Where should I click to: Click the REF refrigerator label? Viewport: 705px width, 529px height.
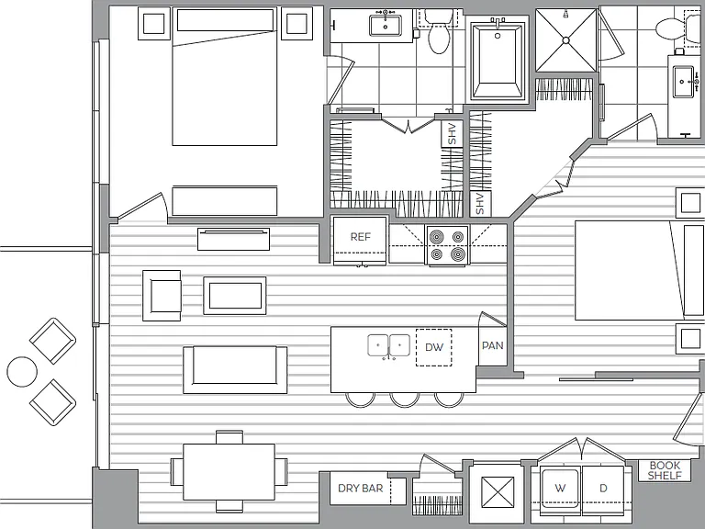[360, 237]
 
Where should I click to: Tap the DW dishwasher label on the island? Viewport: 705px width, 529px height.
[434, 347]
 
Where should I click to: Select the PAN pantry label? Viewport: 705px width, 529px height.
[492, 345]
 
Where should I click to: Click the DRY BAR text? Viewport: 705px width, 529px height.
[360, 488]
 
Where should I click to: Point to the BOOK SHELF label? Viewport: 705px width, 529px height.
[665, 470]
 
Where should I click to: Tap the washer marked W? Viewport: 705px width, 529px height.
[560, 490]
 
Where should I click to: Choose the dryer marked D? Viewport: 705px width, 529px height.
[603, 490]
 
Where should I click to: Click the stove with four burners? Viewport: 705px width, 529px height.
[447, 245]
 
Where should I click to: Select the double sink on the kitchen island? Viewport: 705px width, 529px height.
[389, 346]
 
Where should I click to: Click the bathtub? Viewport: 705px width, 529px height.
[498, 62]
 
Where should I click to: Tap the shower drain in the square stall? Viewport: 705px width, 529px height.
[566, 40]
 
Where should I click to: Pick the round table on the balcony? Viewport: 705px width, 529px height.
[22, 372]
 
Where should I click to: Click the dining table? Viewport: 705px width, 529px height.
[229, 472]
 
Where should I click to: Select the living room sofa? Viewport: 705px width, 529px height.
[235, 370]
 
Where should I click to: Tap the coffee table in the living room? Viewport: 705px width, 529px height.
[235, 296]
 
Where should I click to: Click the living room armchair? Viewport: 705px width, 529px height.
[162, 296]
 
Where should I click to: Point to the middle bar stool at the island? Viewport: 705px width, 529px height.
[405, 400]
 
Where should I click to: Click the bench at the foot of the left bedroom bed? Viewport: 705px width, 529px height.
[225, 200]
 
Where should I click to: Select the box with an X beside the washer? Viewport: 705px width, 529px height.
[498, 492]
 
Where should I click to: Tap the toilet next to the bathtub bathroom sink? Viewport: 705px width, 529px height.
[439, 34]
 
